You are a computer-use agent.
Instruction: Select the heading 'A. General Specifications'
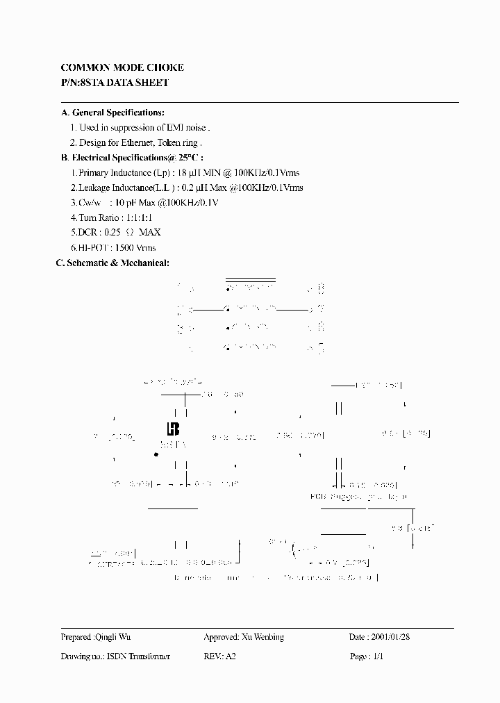pyautogui.click(x=112, y=113)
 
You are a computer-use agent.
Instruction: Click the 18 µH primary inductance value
pyautogui.click(x=187, y=173)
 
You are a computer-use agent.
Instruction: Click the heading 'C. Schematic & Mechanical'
pyautogui.click(x=112, y=263)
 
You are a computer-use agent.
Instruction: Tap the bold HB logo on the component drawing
pyautogui.click(x=173, y=429)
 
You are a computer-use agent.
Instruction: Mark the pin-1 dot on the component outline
pyautogui.click(x=156, y=454)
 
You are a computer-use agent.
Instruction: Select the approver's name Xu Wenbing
pyautogui.click(x=263, y=637)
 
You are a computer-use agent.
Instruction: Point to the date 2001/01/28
pyautogui.click(x=393, y=637)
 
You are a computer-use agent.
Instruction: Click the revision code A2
pyautogui.click(x=231, y=656)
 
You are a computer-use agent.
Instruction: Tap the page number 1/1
pyautogui.click(x=378, y=656)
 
